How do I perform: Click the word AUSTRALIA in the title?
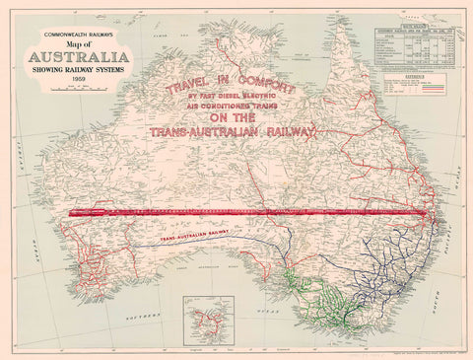[76, 55]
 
